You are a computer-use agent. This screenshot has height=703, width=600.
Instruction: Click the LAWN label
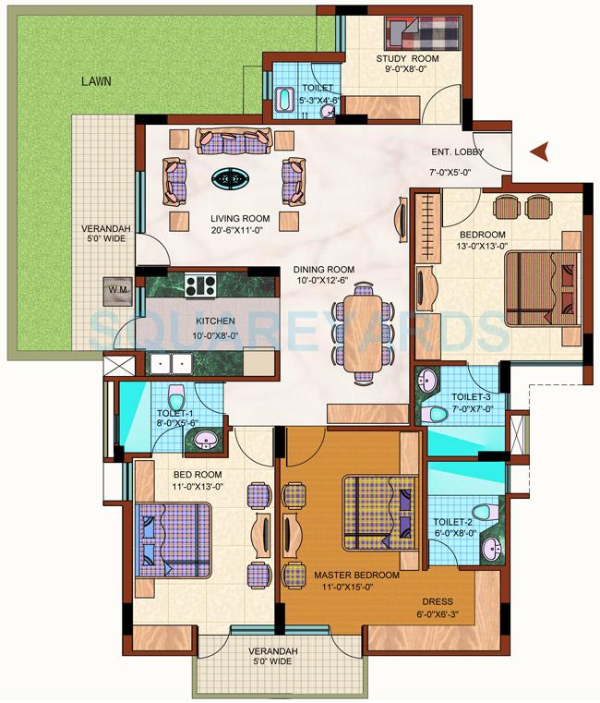click(x=95, y=81)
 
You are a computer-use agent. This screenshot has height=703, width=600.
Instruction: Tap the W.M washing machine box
click(x=117, y=290)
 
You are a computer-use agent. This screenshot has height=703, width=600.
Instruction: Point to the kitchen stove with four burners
click(x=199, y=285)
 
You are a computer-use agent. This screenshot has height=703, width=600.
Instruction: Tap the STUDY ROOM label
click(x=406, y=59)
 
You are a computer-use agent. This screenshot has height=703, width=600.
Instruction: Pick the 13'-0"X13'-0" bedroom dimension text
click(x=481, y=246)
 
